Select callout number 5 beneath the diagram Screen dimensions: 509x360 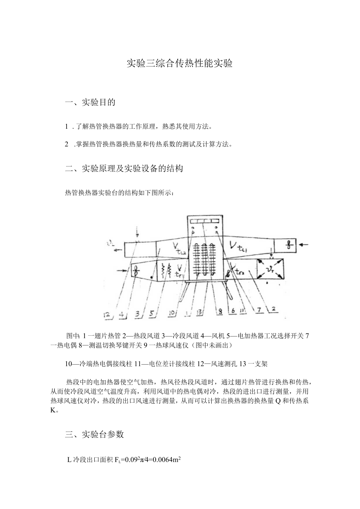138,313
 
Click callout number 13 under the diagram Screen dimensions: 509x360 199,312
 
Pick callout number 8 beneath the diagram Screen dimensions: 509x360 220,312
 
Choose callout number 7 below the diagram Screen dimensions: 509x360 259,310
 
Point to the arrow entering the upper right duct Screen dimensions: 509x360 304,245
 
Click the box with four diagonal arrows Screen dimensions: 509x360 270,269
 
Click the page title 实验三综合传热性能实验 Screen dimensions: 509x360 180,63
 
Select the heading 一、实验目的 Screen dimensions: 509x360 90,103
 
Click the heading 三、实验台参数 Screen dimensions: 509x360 94,434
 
